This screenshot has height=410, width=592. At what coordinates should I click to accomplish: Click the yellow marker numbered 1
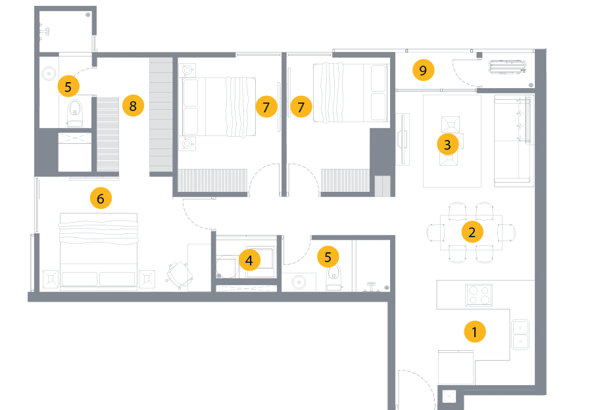474,332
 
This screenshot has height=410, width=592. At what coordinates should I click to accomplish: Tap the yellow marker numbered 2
472,231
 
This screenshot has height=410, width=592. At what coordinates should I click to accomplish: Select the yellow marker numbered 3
447,145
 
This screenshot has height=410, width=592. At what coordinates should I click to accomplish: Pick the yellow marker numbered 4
249,260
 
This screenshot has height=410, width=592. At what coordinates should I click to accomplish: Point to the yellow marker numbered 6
100,198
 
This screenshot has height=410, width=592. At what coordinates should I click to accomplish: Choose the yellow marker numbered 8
133,105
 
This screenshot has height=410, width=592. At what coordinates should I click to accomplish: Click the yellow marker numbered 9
423,70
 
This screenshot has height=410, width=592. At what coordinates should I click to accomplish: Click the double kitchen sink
520,333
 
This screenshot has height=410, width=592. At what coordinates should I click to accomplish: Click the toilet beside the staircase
76,112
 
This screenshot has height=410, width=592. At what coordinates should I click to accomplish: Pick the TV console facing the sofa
402,139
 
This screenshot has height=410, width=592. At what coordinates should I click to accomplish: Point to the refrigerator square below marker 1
456,367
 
